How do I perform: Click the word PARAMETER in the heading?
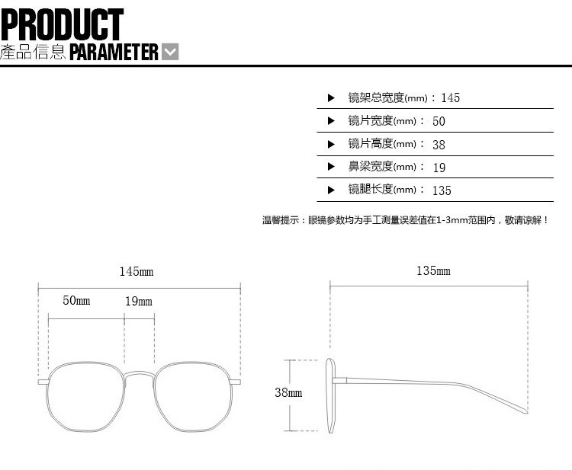(x=114, y=52)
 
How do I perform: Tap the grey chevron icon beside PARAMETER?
(x=171, y=52)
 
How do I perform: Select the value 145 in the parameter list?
(x=450, y=98)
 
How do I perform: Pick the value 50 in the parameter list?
(x=439, y=121)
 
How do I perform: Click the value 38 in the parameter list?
(x=439, y=144)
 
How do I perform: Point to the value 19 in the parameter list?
(x=439, y=168)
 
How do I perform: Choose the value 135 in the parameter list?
(x=442, y=190)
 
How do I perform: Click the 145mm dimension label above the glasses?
(x=137, y=272)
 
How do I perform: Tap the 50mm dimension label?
(x=76, y=301)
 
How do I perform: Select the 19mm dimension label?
(x=139, y=301)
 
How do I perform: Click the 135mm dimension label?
(x=433, y=271)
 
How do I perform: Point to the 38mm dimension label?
(x=288, y=393)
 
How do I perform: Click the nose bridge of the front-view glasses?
(x=139, y=373)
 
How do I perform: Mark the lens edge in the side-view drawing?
(x=330, y=396)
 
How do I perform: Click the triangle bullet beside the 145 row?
(x=331, y=98)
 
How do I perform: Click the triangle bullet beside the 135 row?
(x=331, y=190)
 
